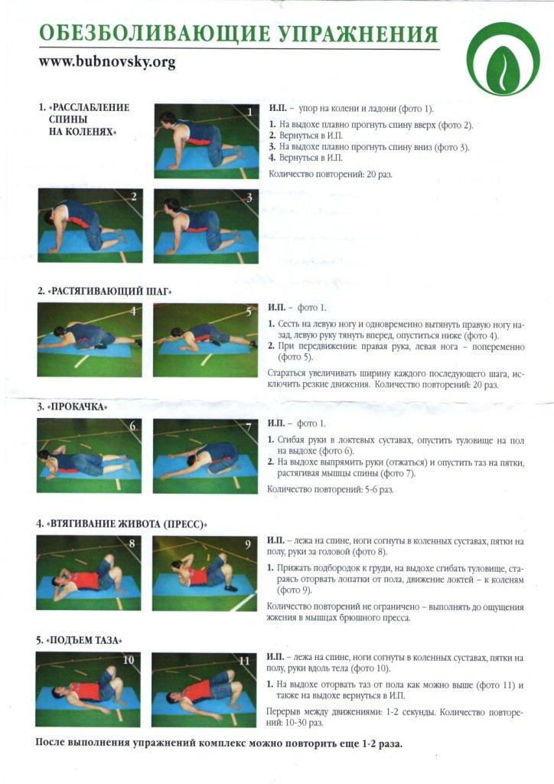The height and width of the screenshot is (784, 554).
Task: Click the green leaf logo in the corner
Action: click(x=503, y=59)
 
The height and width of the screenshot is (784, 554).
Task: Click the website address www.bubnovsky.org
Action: click(x=107, y=62)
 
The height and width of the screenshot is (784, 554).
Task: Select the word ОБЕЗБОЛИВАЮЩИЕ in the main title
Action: click(x=154, y=34)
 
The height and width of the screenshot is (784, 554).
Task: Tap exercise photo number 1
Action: click(x=207, y=141)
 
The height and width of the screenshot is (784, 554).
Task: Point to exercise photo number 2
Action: click(x=90, y=225)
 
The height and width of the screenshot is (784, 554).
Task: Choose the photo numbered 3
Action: click(x=207, y=226)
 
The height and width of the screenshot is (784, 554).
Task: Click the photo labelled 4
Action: click(x=90, y=339)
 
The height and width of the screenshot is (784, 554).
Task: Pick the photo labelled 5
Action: click(x=206, y=340)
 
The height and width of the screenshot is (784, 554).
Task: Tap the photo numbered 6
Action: click(x=89, y=456)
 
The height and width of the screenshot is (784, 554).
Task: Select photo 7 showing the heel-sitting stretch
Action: click(x=205, y=456)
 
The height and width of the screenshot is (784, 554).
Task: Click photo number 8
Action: click(x=89, y=573)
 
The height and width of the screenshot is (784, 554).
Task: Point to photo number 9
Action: click(x=205, y=573)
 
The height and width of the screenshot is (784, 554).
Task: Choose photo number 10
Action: click(x=88, y=689)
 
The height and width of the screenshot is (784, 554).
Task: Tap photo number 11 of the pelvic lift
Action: click(x=204, y=690)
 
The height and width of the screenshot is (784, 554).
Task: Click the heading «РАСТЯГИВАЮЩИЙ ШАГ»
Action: click(x=105, y=291)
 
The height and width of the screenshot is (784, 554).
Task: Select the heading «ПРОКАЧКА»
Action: click(x=72, y=407)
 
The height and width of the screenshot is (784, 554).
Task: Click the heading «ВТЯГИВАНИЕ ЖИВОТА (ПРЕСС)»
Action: click(x=122, y=524)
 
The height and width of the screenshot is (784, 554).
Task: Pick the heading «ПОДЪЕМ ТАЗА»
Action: click(x=79, y=640)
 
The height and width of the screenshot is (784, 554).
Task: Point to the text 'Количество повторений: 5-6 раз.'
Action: click(x=331, y=489)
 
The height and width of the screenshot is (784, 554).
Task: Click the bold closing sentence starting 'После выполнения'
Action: click(x=219, y=743)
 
